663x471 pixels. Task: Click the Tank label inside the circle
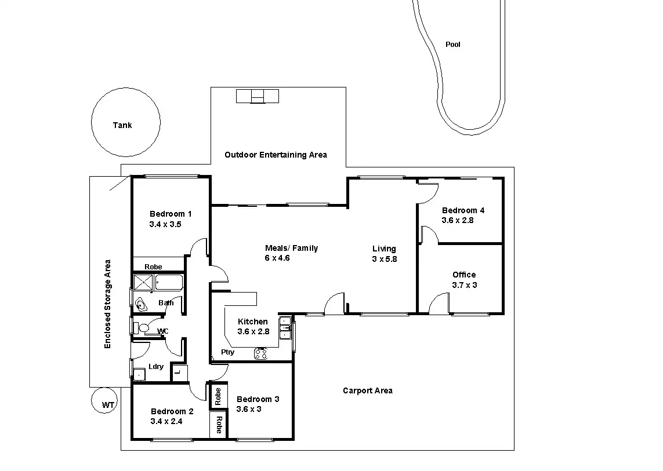pyautogui.click(x=122, y=125)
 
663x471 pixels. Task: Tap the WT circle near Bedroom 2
pyautogui.click(x=104, y=400)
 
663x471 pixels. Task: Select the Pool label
pyautogui.click(x=453, y=45)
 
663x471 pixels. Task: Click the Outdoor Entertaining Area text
pyautogui.click(x=276, y=155)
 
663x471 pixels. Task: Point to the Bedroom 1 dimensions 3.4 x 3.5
pyautogui.click(x=165, y=224)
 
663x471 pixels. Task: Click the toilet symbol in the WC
pyautogui.click(x=141, y=328)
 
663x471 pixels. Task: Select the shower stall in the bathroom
pyautogui.click(x=143, y=282)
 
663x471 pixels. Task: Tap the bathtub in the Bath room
pyautogui.click(x=169, y=282)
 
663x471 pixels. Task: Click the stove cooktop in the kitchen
pyautogui.click(x=261, y=353)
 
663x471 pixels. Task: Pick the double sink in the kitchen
pyautogui.click(x=285, y=328)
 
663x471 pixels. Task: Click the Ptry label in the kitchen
pyautogui.click(x=227, y=352)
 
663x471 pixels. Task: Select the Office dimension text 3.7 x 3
pyautogui.click(x=465, y=285)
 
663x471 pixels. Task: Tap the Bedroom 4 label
pyautogui.click(x=463, y=210)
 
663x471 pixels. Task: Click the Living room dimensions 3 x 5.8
pyautogui.click(x=385, y=259)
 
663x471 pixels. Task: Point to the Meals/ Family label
pyautogui.click(x=291, y=248)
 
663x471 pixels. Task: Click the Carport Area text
pyautogui.click(x=367, y=390)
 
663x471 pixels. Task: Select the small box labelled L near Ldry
pyautogui.click(x=179, y=373)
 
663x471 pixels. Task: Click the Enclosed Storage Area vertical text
pyautogui.click(x=107, y=304)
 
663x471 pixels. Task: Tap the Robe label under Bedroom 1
pyautogui.click(x=153, y=266)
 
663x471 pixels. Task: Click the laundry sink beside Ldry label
pyautogui.click(x=139, y=374)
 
